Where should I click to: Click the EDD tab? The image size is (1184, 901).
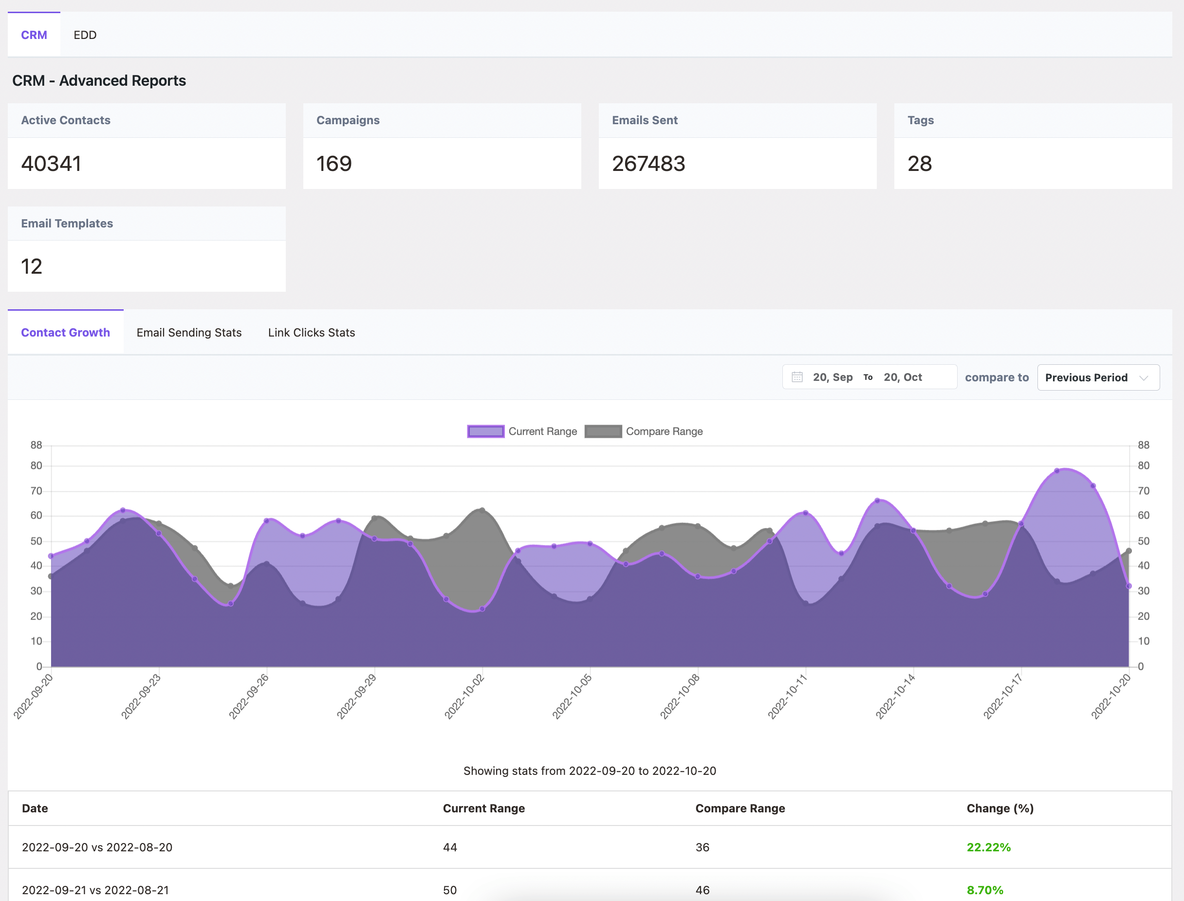coord(85,35)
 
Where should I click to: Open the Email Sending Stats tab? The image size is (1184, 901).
coord(189,333)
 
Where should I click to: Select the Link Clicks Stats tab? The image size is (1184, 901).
coord(312,333)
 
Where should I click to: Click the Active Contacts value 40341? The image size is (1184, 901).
coord(52,164)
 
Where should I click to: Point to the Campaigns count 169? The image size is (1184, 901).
coord(334,164)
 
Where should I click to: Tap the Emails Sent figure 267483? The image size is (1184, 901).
coord(648,164)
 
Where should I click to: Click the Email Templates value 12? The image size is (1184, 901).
coord(32,266)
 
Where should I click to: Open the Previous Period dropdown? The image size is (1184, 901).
coord(1098,377)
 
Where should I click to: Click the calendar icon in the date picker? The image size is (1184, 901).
coord(797,377)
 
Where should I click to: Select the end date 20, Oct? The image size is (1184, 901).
coord(903,377)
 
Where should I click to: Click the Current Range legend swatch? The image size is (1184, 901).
coord(485,431)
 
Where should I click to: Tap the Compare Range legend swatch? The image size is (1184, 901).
coord(603,431)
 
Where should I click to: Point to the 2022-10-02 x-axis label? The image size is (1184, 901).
coord(464,696)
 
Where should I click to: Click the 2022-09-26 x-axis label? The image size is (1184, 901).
coord(249,696)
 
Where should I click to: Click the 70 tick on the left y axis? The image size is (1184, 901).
coord(36,491)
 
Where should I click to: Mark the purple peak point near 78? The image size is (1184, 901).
coord(1057,471)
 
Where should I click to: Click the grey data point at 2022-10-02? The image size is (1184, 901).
coord(482,510)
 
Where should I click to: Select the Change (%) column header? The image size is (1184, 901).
coord(1000,808)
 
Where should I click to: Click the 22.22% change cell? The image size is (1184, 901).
coord(988,847)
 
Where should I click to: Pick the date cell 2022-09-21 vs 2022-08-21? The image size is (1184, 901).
coord(95,890)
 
